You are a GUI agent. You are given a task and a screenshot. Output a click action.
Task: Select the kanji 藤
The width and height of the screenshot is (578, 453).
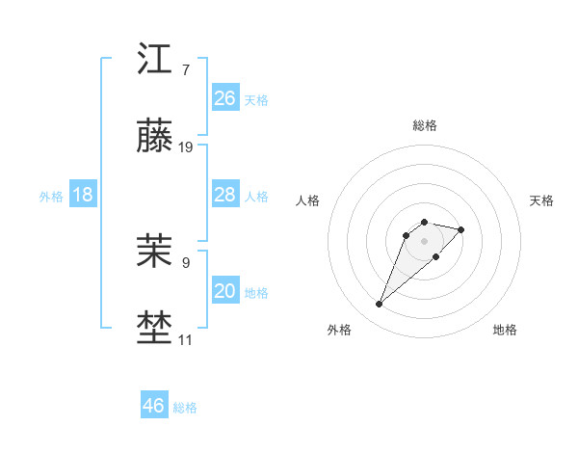point(155,137)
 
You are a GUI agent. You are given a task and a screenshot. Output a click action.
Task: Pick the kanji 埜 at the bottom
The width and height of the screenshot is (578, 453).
point(155,329)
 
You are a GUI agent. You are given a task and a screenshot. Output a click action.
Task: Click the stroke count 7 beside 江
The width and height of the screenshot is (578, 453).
point(186,69)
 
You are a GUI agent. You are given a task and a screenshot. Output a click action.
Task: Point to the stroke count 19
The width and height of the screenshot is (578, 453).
point(186,147)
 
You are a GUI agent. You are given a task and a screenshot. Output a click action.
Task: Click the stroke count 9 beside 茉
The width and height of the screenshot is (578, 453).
point(186,261)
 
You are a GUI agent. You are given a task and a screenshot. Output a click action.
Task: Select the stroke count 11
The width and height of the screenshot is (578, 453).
point(185,339)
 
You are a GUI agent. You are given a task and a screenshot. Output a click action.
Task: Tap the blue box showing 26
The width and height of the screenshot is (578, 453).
point(225,98)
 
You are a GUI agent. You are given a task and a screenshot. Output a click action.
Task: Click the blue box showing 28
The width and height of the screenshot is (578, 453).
point(225,195)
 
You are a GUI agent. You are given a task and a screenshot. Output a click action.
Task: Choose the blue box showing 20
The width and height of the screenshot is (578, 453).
point(225,291)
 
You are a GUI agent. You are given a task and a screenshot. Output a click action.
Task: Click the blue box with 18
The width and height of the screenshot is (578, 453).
point(83,195)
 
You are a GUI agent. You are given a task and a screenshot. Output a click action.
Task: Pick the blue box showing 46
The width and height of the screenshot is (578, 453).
point(154,406)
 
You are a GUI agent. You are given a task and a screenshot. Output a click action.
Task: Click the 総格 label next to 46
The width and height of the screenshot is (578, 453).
point(185,408)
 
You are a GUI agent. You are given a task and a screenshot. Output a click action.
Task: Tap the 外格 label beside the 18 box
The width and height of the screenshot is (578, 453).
point(51,197)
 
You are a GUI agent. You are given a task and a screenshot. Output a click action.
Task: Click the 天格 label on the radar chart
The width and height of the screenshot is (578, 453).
point(541,200)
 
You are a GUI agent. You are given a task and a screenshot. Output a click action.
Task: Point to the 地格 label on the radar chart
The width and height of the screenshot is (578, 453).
point(505,330)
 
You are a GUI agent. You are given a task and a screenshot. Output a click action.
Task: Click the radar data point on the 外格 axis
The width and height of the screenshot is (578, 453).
point(380,305)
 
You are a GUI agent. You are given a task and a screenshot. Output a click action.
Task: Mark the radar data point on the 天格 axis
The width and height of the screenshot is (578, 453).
point(461,229)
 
